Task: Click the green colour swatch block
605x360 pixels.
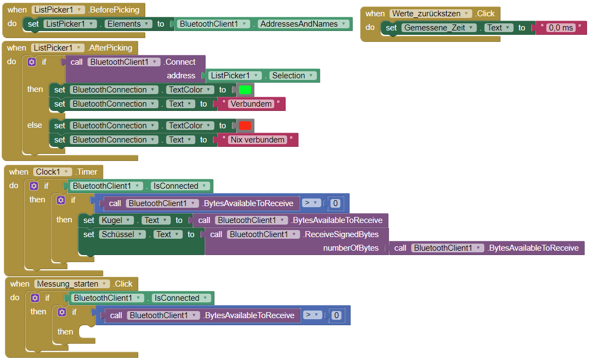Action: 245,90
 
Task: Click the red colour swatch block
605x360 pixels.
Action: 245,126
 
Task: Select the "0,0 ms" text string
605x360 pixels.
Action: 560,28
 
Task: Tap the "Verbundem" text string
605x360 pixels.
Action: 251,104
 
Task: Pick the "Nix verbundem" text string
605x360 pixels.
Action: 257,140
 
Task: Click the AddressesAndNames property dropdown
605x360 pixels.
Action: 303,24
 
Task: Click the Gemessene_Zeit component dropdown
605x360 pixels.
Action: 439,28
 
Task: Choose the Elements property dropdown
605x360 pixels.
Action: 128,24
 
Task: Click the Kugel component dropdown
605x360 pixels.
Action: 116,220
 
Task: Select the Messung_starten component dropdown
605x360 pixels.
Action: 72,284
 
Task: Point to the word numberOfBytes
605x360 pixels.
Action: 351,248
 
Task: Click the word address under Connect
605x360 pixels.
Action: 181,76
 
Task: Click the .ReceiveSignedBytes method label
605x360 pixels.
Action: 341,234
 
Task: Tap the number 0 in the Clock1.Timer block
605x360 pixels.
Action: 335,203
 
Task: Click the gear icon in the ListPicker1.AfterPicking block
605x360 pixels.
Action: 32,62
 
